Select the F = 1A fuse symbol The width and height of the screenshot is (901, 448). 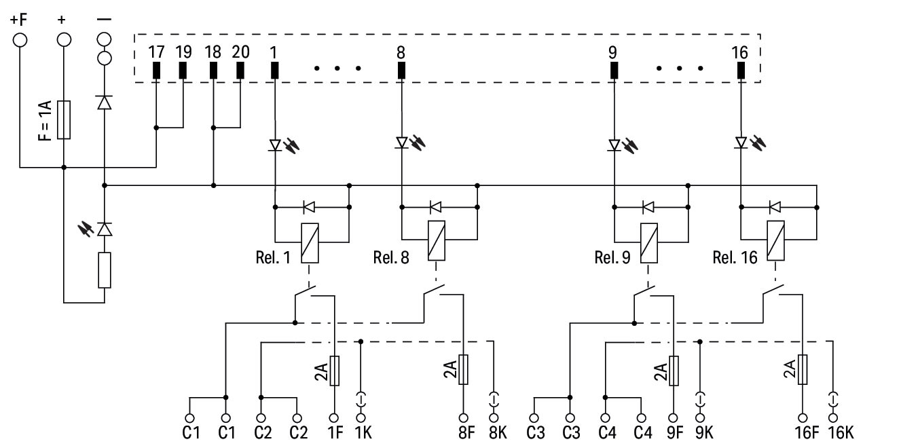click(64, 120)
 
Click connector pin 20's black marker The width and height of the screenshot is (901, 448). click(240, 70)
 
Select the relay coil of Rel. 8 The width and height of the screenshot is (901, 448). click(436, 240)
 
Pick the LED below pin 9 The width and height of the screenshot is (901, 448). click(614, 144)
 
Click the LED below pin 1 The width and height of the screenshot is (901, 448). click(275, 144)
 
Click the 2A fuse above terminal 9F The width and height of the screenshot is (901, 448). click(674, 370)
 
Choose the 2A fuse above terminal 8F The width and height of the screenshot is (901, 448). click(464, 370)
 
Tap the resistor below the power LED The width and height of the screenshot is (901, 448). click(105, 269)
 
